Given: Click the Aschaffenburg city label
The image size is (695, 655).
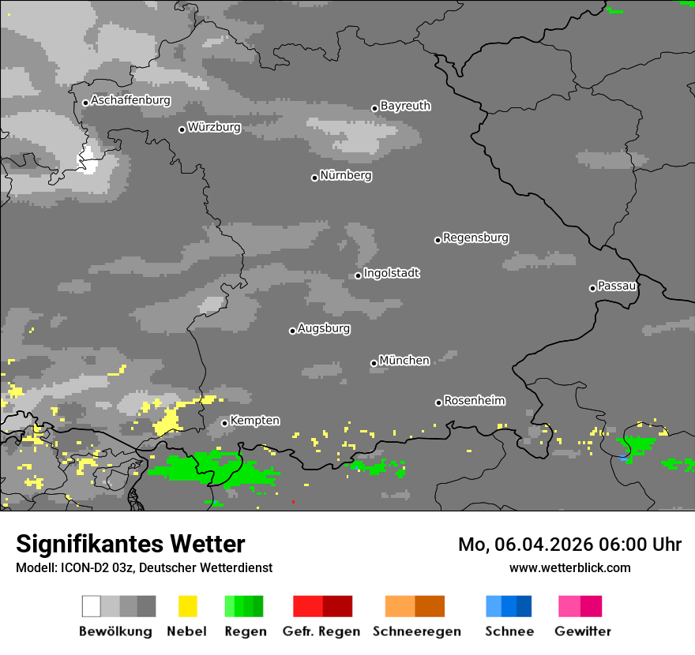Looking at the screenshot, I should point(130,101).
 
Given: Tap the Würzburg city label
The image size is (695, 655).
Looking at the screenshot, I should point(214,127).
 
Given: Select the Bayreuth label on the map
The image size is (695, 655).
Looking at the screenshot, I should point(405,106).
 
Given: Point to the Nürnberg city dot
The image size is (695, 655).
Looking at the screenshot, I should point(314,178).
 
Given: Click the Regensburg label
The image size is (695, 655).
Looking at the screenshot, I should point(475,238).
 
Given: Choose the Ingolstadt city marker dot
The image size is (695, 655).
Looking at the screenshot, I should point(358,275).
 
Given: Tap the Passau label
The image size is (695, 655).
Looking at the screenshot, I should point(617,286).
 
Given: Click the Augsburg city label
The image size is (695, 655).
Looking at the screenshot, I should point(324,328).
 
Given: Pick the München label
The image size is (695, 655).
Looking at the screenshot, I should point(404,361).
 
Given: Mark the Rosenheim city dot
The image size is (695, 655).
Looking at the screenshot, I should point(438,402).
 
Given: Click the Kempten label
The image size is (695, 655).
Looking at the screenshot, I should point(254,421).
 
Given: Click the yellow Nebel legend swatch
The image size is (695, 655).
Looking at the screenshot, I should point(187,606).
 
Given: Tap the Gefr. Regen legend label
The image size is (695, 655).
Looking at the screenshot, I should point(321,631).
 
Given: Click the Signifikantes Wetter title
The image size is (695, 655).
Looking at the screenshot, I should point(130,544).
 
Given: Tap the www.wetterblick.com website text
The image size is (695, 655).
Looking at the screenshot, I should point(569,567).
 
